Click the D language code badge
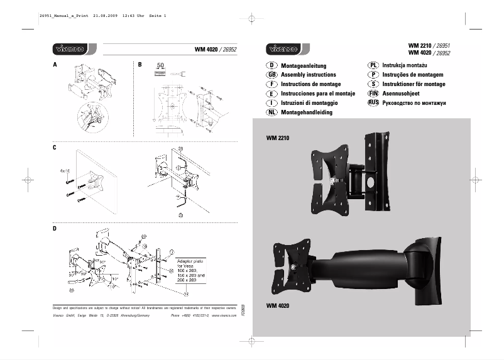(272, 65)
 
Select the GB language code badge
(272, 75)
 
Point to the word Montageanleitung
(304, 65)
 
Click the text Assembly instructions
(308, 75)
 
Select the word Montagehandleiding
(307, 112)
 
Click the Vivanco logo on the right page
(283, 50)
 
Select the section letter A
(55, 65)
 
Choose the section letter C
(55, 148)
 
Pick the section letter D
(55, 229)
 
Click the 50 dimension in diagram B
(160, 65)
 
